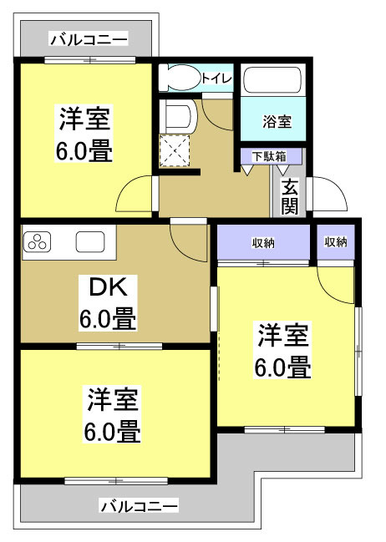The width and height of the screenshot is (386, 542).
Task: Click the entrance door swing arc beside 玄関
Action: (328, 195)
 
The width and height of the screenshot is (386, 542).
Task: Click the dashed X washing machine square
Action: (176, 151)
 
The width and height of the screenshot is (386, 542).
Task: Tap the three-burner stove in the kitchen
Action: (38, 242)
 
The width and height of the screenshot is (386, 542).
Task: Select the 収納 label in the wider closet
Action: (264, 242)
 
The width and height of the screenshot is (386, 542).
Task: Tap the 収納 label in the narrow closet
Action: (336, 242)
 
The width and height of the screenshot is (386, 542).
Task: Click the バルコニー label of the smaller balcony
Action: (88, 39)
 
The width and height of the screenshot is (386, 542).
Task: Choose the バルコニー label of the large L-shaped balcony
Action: (139, 505)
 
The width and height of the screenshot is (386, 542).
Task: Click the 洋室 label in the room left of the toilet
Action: (84, 119)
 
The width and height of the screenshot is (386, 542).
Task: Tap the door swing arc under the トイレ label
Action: (217, 113)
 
